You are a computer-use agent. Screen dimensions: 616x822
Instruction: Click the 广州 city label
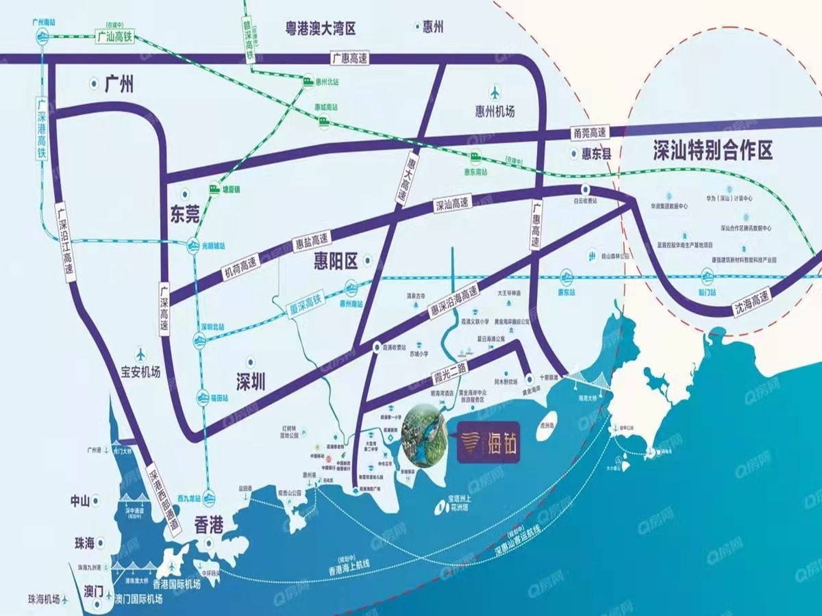(x=119, y=85)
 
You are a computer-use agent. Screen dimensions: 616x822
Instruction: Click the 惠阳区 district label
(x=336, y=260)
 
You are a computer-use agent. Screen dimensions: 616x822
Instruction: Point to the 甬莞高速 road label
(x=589, y=132)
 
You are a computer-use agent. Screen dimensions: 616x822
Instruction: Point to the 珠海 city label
(x=84, y=543)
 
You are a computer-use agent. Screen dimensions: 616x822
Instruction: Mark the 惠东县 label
(x=593, y=154)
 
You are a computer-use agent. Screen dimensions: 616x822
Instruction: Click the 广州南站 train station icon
(x=43, y=38)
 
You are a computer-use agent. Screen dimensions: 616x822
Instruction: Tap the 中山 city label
(x=81, y=500)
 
